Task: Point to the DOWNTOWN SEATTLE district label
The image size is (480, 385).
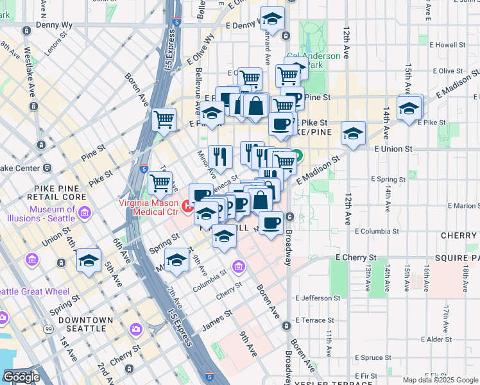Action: pos(85,320)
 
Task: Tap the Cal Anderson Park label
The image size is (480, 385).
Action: pos(313,60)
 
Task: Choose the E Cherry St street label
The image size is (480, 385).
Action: pos(359,257)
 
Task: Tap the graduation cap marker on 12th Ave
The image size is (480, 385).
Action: pos(353,133)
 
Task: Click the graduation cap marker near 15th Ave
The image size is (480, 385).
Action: pos(408,108)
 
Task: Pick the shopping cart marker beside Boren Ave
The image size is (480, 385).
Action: pos(164,119)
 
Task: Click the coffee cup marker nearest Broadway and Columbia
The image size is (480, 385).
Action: pos(271,223)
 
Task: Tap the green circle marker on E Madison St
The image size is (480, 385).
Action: pos(298,157)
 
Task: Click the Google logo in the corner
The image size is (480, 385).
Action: pos(21,377)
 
